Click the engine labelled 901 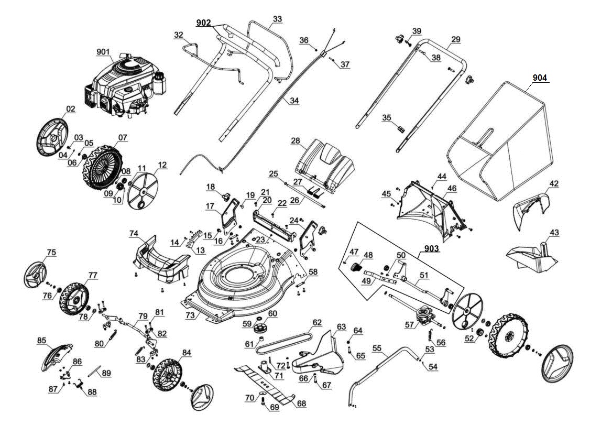[x=125, y=86]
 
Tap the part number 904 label [x=540, y=78]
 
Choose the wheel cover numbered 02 [x=52, y=136]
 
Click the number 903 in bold [x=432, y=249]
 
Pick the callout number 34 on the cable [x=294, y=101]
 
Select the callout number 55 [x=377, y=348]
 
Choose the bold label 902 [x=203, y=23]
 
